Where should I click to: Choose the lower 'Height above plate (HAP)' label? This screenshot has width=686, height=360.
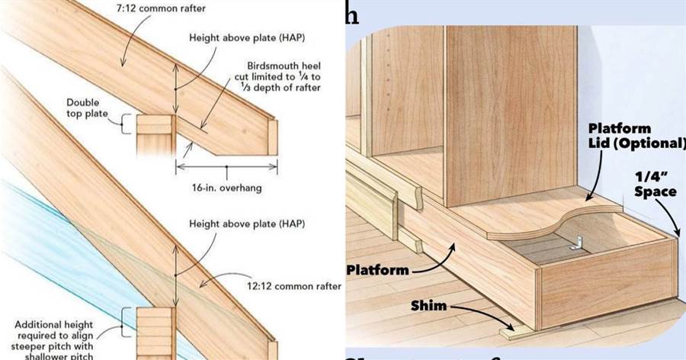click(245, 223)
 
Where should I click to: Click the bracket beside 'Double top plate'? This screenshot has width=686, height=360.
click(124, 123)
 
